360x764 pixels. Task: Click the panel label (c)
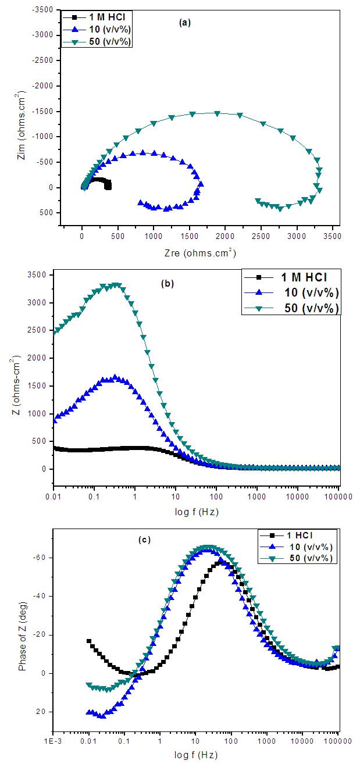(x=144, y=540)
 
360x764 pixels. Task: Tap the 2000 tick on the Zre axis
(x=226, y=237)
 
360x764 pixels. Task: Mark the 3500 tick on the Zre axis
(x=333, y=237)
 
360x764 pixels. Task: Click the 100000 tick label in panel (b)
(x=338, y=498)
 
